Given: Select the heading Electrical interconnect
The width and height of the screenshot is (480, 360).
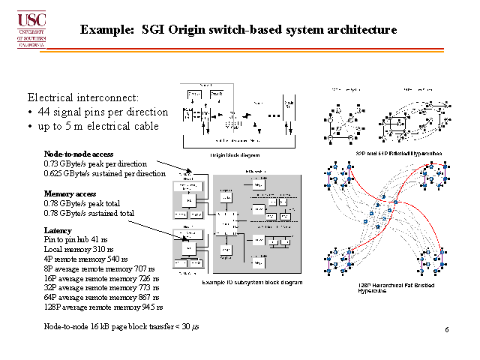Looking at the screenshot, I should click(x=83, y=97).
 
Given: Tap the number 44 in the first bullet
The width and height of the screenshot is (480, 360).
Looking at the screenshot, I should click(x=45, y=112).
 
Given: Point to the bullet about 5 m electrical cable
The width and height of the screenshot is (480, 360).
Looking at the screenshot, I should click(x=97, y=126).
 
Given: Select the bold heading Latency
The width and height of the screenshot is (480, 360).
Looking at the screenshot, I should click(x=58, y=231).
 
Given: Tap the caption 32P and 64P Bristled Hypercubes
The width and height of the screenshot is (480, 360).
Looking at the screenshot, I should click(x=398, y=153).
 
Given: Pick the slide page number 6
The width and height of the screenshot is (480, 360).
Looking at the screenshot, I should click(x=447, y=330).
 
